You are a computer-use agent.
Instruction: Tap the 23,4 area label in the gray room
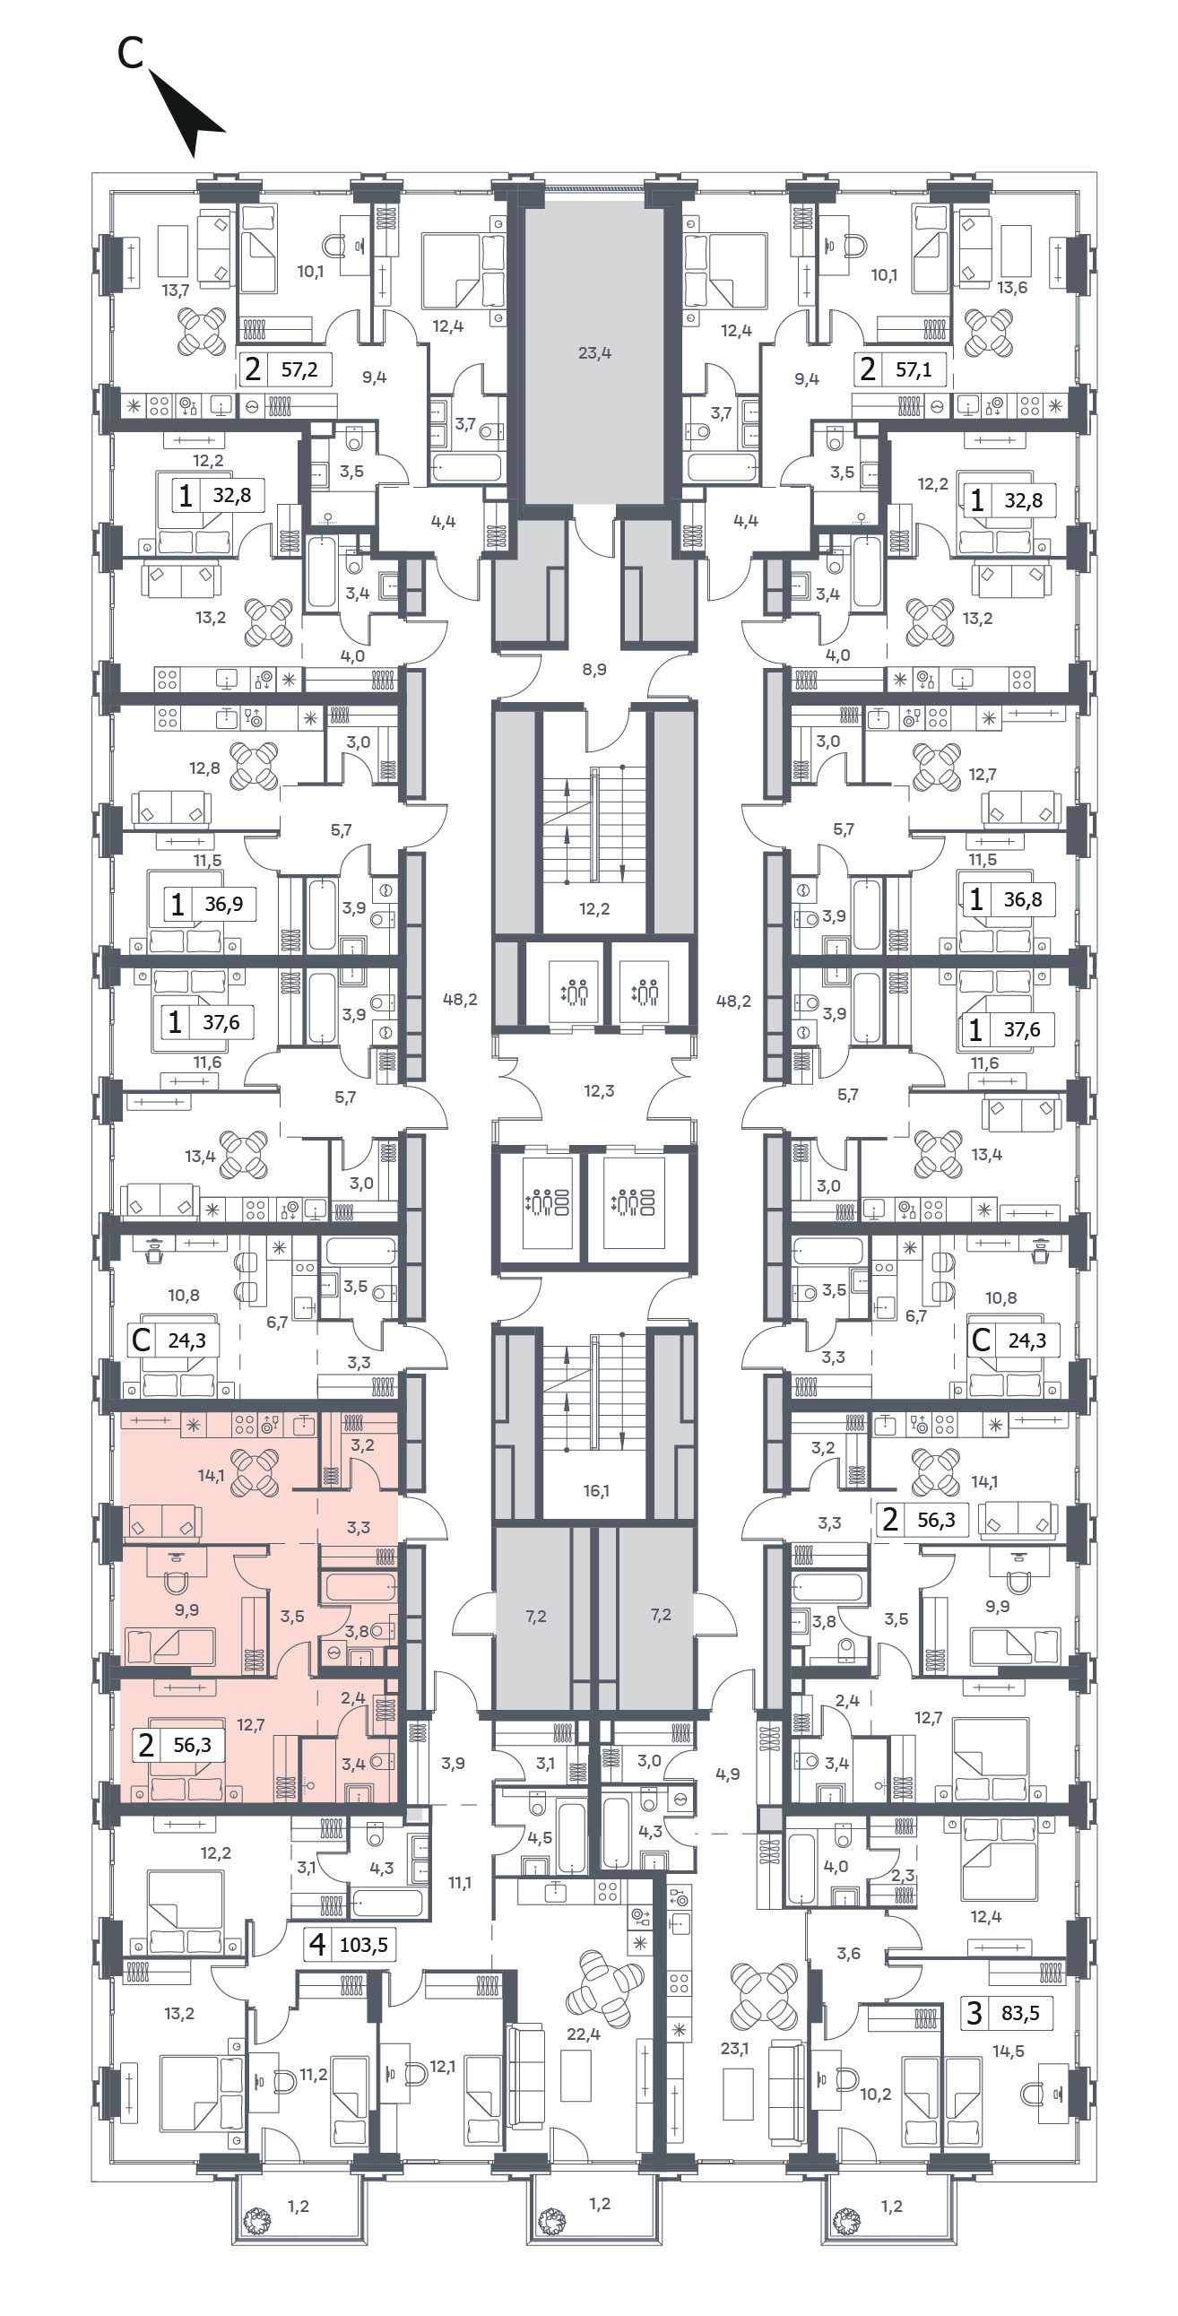594,352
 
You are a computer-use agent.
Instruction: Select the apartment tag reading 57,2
286,369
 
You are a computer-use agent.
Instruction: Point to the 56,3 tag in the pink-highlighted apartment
178,1745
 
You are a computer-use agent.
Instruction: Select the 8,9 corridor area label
594,669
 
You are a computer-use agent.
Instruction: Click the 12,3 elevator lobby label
599,1090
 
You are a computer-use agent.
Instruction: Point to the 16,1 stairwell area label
595,1491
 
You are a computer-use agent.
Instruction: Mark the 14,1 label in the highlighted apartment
212,1475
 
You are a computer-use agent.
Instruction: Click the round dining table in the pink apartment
256,1473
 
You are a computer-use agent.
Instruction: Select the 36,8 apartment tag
1009,899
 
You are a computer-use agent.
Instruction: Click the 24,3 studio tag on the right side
1012,1340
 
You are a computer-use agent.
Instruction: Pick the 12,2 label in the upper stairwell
594,909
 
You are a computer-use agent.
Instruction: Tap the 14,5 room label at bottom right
1008,2051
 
